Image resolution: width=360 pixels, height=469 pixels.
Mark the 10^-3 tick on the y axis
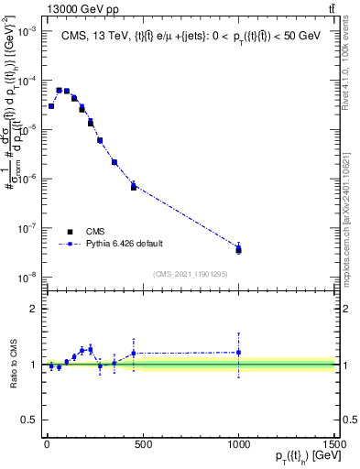(27, 31)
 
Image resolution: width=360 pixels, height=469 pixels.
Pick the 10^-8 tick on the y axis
(27, 277)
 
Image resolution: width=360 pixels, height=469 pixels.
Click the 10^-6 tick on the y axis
(27, 179)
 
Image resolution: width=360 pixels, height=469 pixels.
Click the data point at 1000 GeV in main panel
(238, 249)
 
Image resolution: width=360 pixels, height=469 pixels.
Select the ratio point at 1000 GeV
(238, 353)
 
